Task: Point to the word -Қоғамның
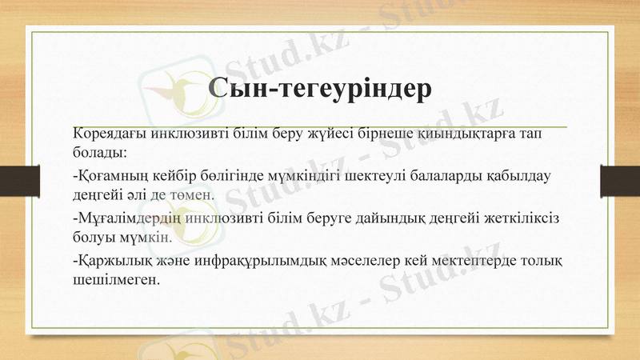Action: click(106, 176)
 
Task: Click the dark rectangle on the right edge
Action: click(620, 180)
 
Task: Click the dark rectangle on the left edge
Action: click(14, 180)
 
